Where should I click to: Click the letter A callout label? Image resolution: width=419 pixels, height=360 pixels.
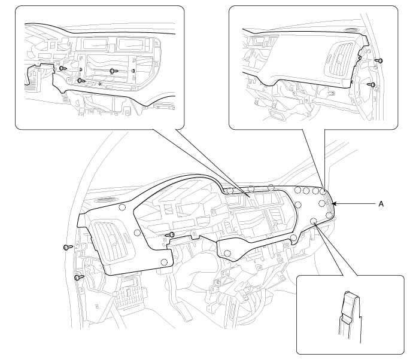tap(381, 204)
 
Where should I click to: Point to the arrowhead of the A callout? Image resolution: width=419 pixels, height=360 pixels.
tap(333, 204)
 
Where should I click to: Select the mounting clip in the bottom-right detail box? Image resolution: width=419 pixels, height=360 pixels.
tap(351, 315)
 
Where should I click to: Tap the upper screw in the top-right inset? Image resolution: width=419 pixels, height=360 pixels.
tap(379, 60)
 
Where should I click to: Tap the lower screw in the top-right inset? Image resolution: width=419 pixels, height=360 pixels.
tap(372, 85)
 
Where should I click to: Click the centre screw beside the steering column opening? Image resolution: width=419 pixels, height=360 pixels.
tap(171, 235)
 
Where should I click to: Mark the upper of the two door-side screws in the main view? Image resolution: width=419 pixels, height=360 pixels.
tap(68, 248)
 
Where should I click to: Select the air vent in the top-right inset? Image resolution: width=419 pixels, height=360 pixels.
tap(340, 59)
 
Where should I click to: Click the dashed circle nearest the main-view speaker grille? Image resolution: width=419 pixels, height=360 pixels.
tap(122, 207)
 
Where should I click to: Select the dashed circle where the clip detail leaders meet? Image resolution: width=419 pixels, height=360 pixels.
tap(313, 221)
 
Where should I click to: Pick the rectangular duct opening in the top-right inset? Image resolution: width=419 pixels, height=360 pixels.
tap(277, 116)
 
